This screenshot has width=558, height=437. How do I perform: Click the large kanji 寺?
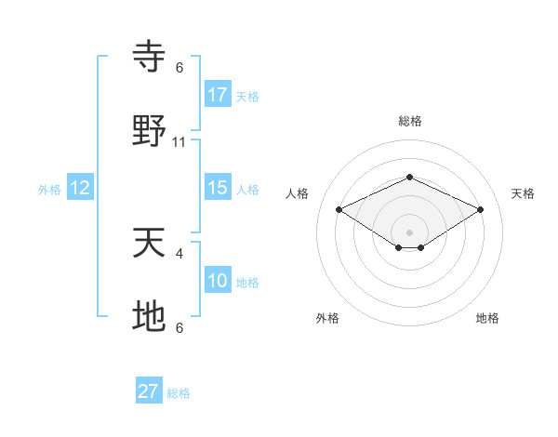coord(149,57)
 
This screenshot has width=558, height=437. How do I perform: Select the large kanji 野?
coord(149,131)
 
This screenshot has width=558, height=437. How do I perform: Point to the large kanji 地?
coord(149,316)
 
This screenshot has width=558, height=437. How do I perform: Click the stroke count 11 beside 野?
coord(179,142)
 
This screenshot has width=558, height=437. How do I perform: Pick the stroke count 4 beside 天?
coord(179,253)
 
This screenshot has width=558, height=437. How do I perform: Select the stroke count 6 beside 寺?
coord(179,68)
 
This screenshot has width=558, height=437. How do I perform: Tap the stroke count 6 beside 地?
coord(179,327)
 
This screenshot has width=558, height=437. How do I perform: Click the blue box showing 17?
coord(218,95)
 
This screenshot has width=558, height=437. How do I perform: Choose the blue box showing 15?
coord(218,188)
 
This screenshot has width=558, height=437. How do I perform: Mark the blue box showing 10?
coord(218,281)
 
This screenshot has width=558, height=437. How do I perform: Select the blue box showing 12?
coord(80,188)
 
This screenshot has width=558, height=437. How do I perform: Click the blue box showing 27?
coord(149,391)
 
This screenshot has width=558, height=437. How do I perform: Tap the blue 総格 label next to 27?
coord(179,393)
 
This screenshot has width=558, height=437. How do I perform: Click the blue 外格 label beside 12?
coord(49,190)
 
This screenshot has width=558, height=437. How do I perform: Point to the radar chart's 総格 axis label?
coord(409,121)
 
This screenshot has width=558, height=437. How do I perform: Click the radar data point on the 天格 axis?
coord(481,209)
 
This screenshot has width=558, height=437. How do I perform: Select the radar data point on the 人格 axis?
coord(339,209)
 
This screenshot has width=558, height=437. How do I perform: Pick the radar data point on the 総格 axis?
coord(409,177)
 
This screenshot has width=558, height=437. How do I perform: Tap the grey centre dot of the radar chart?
coord(409,232)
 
